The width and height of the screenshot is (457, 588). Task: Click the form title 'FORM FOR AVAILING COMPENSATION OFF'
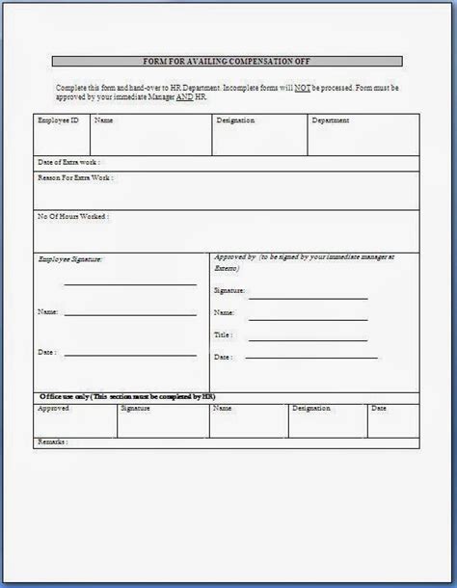[228, 61]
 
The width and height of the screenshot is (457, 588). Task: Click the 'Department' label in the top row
[330, 121]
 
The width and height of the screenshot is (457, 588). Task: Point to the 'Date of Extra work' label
[67, 162]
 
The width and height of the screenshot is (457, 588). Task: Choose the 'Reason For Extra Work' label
[75, 179]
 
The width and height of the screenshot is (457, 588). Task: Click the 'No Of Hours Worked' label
[72, 218]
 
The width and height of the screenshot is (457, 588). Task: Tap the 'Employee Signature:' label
[69, 259]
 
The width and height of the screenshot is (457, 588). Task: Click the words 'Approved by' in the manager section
[235, 258]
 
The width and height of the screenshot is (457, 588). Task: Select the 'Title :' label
[224, 335]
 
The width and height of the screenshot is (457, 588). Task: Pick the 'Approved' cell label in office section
[53, 409]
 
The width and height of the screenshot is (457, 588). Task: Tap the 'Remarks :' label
[53, 441]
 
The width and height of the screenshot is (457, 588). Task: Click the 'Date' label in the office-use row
[379, 409]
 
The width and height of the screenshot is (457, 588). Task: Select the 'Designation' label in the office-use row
[310, 409]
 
